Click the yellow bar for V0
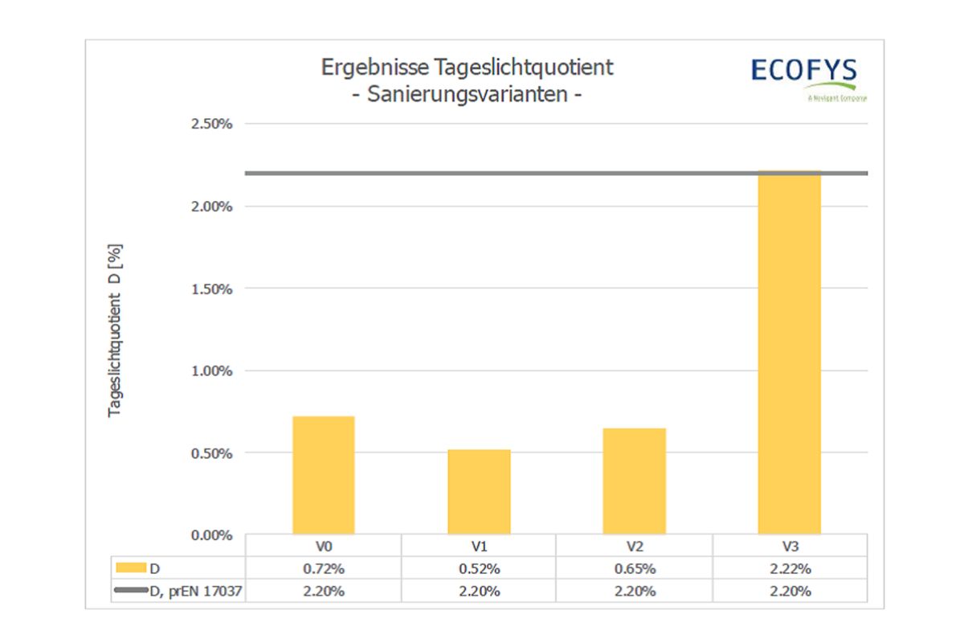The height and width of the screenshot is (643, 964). pos(324,475)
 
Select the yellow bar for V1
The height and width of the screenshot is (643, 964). pos(480,492)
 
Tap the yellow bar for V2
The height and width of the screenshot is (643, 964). pos(635,481)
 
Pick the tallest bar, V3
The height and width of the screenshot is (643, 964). pos(790,354)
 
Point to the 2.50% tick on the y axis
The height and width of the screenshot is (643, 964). pos(211,124)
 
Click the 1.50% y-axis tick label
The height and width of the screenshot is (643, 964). pos(211,289)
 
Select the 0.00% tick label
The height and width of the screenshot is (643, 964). pos(211,535)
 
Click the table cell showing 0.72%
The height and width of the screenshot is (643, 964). pos(324,569)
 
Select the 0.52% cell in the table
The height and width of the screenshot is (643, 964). pos(480,569)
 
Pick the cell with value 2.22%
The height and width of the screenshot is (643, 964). pos(790,569)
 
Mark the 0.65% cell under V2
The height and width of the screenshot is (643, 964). pos(635,569)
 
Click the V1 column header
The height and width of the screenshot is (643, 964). pos(480,547)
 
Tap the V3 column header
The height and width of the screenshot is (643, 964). pos(790,547)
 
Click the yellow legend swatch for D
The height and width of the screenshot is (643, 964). pos(132,568)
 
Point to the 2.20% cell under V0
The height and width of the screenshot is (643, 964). pos(324,592)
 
